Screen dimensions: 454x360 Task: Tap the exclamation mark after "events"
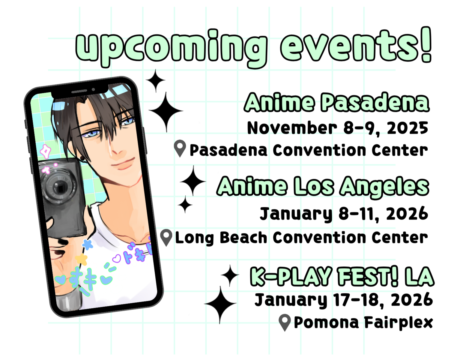[425, 45]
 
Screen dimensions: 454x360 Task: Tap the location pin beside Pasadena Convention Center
[180, 148]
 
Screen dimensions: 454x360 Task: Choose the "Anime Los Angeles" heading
[323, 187]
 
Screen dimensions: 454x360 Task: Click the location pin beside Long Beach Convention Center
[166, 237]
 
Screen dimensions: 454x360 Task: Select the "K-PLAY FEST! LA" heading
[342, 277]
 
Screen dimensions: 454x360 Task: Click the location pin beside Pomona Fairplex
[285, 322]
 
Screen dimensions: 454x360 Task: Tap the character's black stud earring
[82, 158]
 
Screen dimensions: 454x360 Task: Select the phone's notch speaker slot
[79, 91]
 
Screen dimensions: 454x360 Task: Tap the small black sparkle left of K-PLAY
[230, 275]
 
